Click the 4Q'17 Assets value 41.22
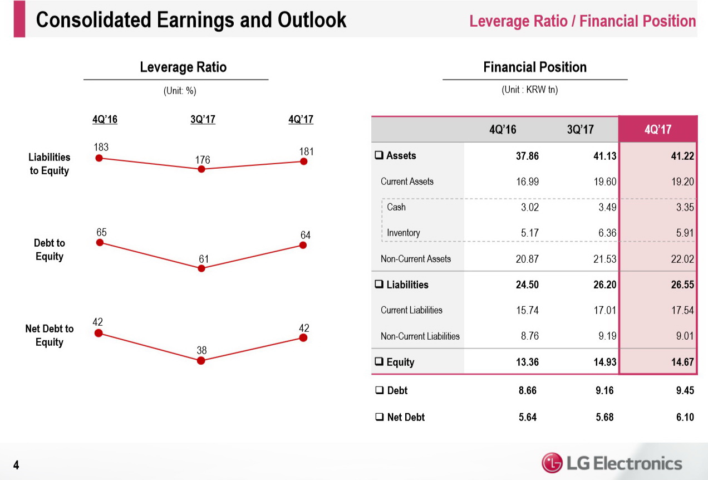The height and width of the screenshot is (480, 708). [682, 156]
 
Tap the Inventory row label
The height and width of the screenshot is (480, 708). [403, 233]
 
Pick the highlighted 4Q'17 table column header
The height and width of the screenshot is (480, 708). [658, 130]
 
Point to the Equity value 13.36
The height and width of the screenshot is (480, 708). [527, 363]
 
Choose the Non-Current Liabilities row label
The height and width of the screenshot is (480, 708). [420, 336]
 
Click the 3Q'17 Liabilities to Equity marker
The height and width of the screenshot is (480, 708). [201, 169]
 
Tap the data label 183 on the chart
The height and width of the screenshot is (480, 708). [101, 148]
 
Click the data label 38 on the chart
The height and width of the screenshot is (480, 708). [201, 350]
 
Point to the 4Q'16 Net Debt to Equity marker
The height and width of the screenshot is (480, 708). [99, 333]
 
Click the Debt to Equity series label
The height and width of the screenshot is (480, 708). [49, 249]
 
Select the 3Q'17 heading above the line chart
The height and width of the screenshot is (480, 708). [203, 119]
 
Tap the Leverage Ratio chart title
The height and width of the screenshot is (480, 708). [183, 67]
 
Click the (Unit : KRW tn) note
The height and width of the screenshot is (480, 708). [529, 90]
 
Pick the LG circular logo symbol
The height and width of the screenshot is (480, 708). [552, 463]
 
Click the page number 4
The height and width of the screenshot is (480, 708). [17, 465]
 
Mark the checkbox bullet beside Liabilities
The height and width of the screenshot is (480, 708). [379, 285]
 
